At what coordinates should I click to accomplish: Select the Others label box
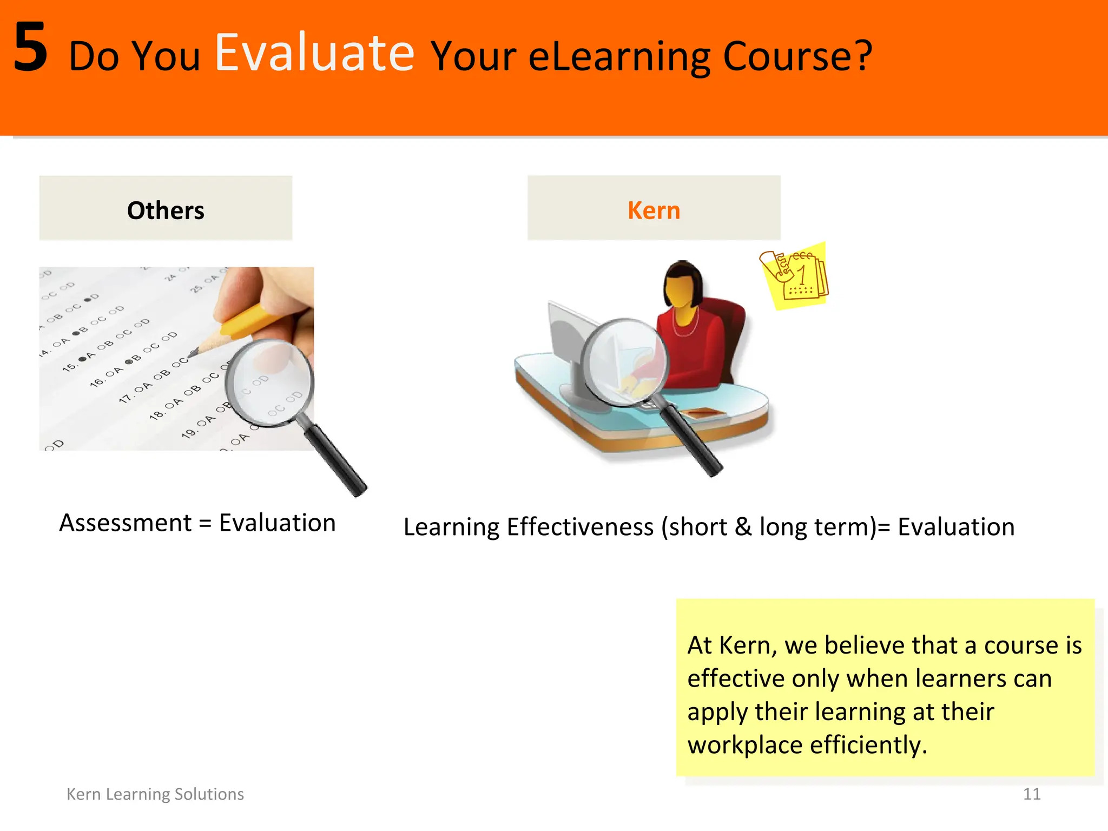(166, 208)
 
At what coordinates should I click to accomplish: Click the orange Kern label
(654, 210)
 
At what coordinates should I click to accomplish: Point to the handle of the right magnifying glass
(692, 441)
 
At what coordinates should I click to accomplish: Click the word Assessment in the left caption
(126, 523)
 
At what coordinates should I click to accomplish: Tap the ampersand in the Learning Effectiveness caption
(743, 526)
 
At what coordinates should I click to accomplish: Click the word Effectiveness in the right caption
(580, 526)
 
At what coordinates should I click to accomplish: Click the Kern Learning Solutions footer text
(155, 794)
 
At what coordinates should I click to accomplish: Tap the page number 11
(1031, 794)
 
